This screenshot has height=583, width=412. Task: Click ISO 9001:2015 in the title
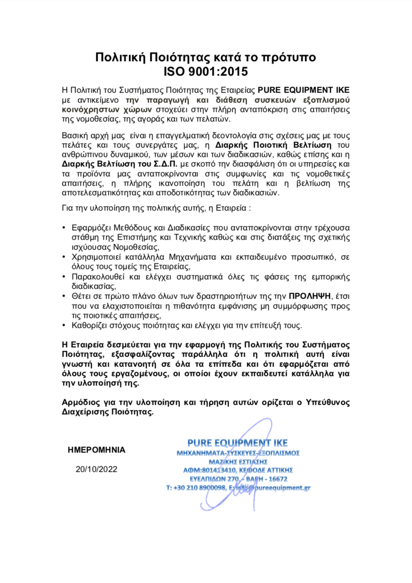[206, 71]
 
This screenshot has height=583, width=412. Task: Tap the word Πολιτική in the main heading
[118, 57]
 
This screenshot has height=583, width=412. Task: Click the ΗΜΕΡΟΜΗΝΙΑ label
[96, 449]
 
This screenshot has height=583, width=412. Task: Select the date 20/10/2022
[96, 469]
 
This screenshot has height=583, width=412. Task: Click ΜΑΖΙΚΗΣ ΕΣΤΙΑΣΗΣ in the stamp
[238, 461]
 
